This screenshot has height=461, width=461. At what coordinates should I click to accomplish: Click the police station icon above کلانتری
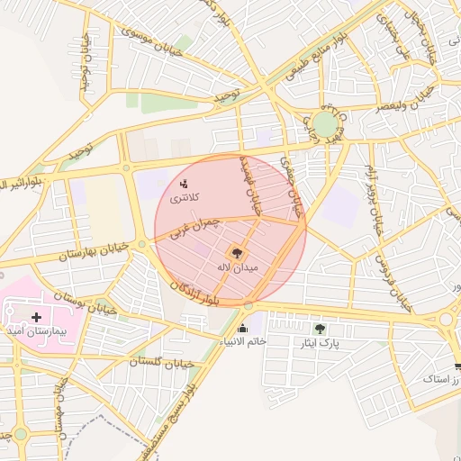tap(184, 184)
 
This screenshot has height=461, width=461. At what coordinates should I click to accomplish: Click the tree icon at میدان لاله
tap(238, 254)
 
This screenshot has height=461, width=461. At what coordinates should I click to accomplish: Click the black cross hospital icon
tap(36, 317)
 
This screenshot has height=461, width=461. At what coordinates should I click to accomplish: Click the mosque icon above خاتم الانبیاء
tap(243, 328)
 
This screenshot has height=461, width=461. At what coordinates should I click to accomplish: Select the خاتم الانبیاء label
tap(243, 341)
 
